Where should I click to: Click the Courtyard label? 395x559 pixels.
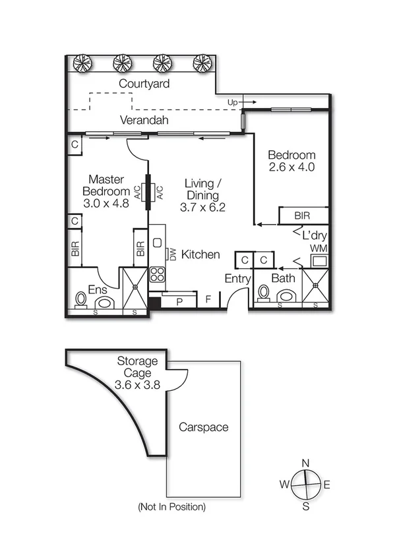pos(144,84)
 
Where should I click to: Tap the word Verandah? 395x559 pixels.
pos(144,120)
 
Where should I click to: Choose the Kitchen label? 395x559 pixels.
pos(200,254)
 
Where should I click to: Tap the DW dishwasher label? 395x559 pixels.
pos(173,254)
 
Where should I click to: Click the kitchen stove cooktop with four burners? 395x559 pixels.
pos(157,274)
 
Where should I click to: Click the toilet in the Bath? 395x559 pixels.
pos(263,293)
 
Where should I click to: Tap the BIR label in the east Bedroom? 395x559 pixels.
pos(301,216)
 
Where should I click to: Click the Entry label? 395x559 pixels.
pos(237,279)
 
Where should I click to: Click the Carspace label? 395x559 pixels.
pos(204,427)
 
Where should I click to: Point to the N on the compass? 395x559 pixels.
pos(305,463)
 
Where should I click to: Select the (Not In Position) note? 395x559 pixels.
pos(171,507)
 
